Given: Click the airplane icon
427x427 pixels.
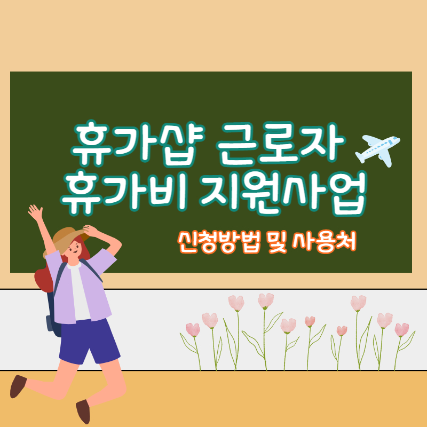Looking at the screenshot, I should tap(377, 148).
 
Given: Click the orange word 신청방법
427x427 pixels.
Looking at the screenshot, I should tap(219, 243).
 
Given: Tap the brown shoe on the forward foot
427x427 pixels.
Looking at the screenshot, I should tap(83, 411).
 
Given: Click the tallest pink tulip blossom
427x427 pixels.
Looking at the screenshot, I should tap(265, 301).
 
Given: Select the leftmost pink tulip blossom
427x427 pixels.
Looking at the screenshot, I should tap(193, 329).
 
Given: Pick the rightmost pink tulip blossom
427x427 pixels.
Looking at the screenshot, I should tap(401, 329).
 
